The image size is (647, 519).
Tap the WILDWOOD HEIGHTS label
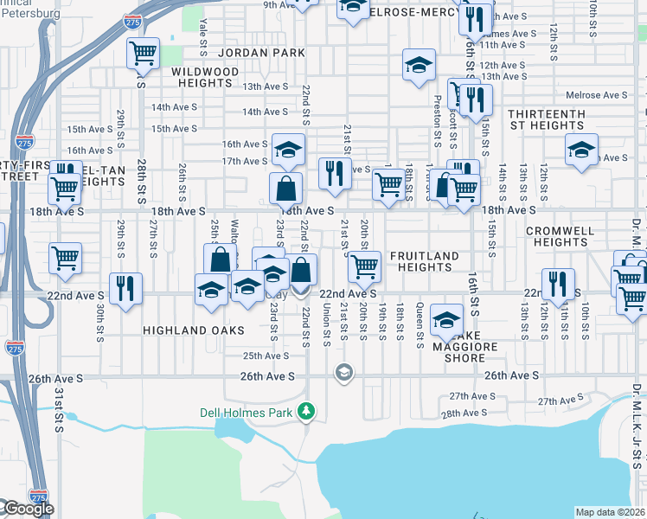click(x=205, y=77)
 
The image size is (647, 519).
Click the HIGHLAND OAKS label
click(x=194, y=330)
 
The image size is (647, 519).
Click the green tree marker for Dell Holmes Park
click(x=304, y=412)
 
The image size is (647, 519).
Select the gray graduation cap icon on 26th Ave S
click(x=343, y=372)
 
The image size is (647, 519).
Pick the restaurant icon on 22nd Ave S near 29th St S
click(x=126, y=288)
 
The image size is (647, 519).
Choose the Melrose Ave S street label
click(x=596, y=94)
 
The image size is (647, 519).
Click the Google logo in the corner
click(x=28, y=509)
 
